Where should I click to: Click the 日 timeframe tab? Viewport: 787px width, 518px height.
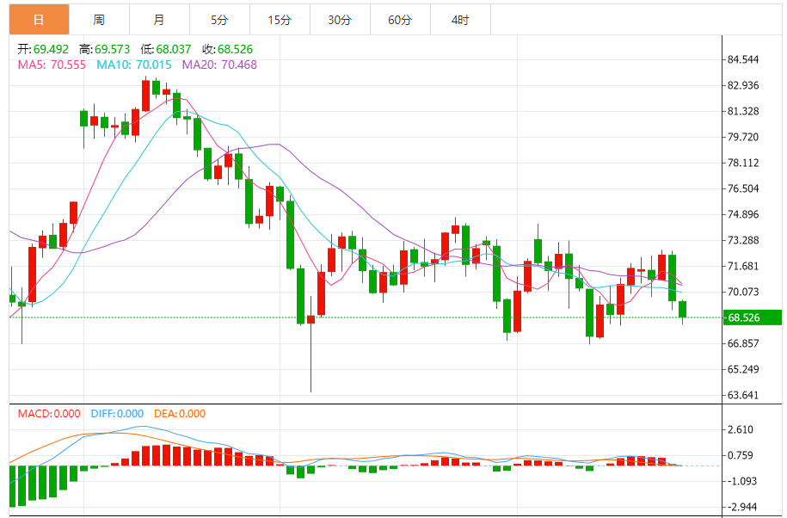(x=39, y=20)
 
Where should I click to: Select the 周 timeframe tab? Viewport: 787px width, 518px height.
(x=99, y=20)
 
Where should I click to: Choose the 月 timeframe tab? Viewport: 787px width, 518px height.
(x=159, y=20)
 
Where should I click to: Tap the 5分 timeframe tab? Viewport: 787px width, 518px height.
(x=219, y=20)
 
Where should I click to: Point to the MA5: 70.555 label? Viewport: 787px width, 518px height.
(x=52, y=65)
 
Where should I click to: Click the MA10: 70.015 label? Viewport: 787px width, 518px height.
(x=134, y=65)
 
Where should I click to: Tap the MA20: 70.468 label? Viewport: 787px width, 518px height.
(x=218, y=65)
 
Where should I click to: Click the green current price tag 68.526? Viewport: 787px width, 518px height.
(x=752, y=318)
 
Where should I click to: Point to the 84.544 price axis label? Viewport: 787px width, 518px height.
(x=743, y=59)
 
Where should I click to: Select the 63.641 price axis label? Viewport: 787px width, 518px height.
(x=743, y=396)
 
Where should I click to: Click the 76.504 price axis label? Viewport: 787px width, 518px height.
(x=743, y=188)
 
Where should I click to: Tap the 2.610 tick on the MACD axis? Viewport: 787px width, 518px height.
(x=741, y=429)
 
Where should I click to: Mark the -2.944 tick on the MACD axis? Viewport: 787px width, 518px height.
(x=741, y=507)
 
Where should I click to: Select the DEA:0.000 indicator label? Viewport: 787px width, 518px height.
(x=180, y=414)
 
